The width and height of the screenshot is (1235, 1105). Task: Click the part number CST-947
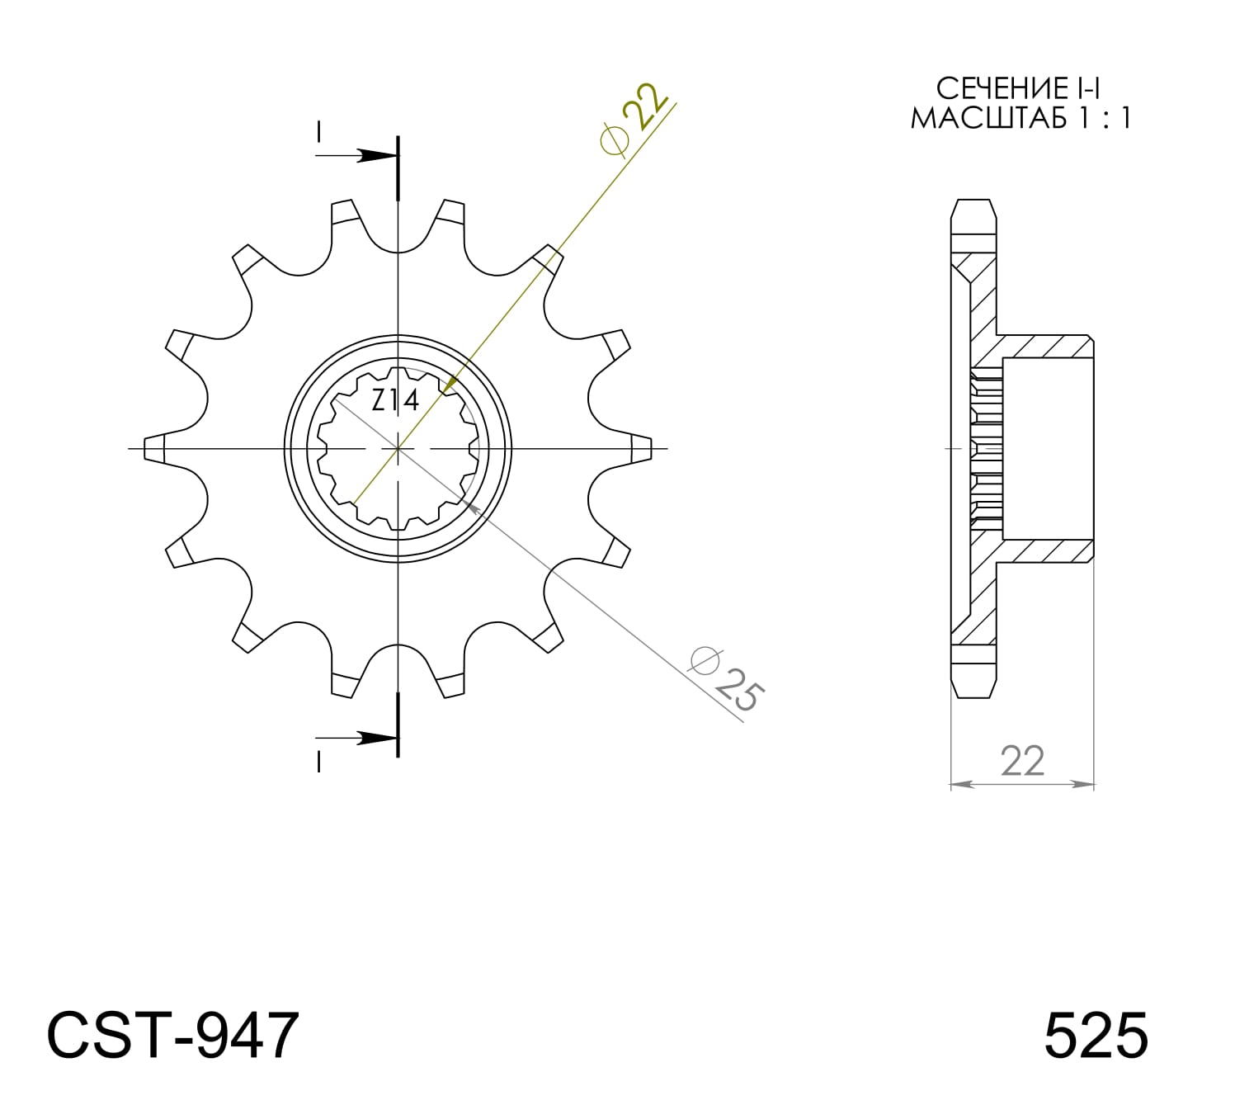(x=172, y=1035)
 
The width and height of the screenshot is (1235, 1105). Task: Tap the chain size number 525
(x=1095, y=1035)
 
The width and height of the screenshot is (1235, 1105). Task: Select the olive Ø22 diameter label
(x=634, y=120)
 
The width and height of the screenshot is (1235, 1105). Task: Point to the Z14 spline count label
(x=395, y=400)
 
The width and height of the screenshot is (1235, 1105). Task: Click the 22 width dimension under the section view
(x=1022, y=761)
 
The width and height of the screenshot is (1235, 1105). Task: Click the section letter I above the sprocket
(x=319, y=131)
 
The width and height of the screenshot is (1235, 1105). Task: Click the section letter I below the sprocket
(x=319, y=762)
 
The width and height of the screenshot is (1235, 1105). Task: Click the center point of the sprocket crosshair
(x=398, y=448)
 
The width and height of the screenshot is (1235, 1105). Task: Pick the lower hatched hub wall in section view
(x=1046, y=551)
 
